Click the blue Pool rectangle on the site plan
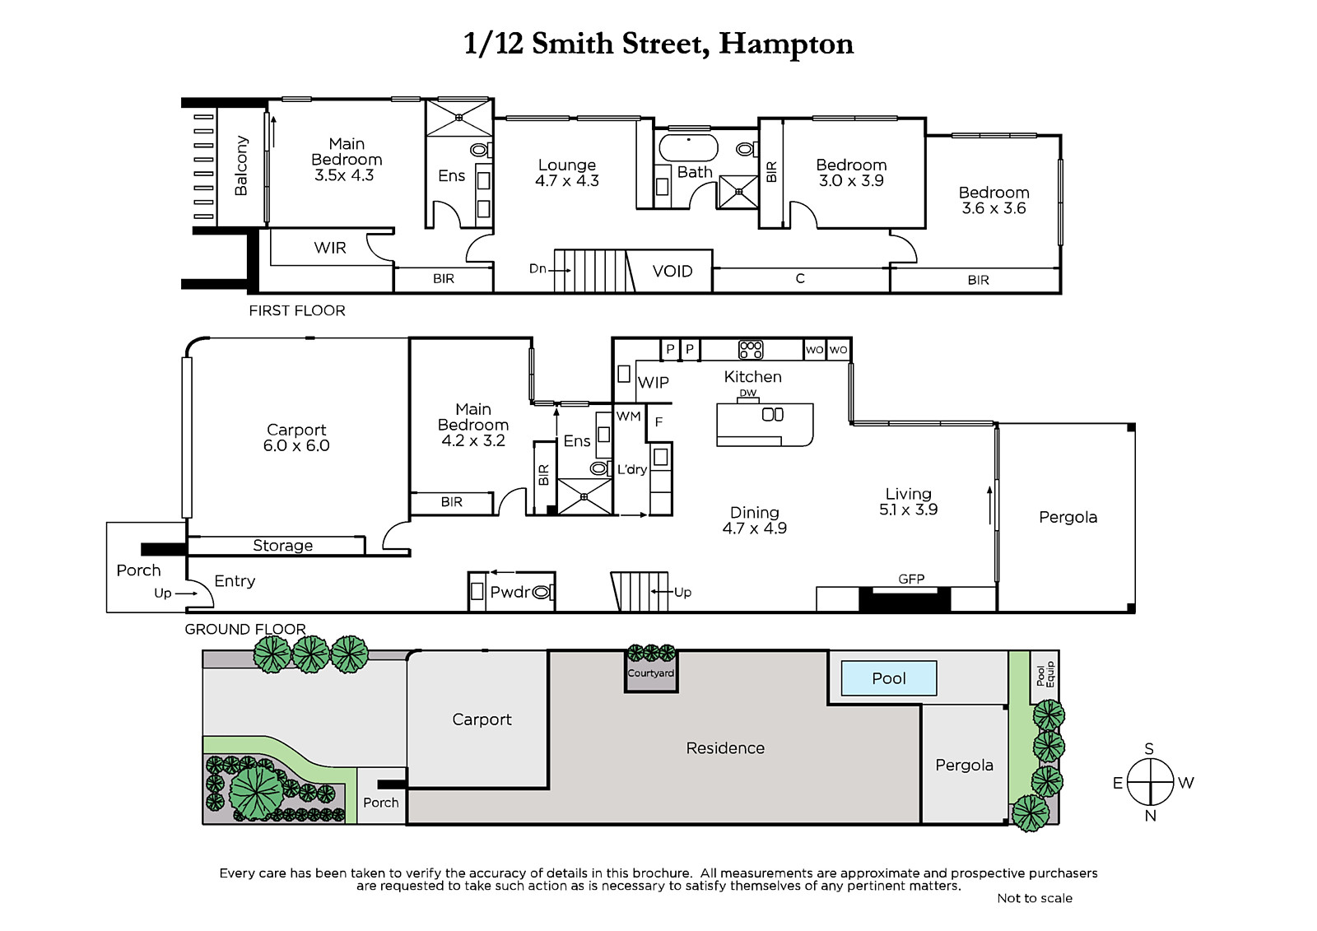[888, 678]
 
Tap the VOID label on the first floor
[672, 271]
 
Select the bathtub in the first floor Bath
[688, 147]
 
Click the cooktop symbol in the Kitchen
[751, 350]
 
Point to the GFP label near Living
[911, 580]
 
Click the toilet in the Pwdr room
[542, 592]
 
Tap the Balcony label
[241, 165]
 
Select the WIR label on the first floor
[330, 248]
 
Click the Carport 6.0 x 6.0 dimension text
[296, 446]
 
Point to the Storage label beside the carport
[283, 546]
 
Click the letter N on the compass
[1151, 816]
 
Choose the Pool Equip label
[1045, 674]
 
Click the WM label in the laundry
[629, 417]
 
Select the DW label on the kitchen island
[748, 393]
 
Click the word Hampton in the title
[786, 44]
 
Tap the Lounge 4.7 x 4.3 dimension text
[567, 180]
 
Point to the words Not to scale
[1035, 898]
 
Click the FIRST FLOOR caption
[297, 310]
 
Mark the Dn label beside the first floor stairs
[538, 269]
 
